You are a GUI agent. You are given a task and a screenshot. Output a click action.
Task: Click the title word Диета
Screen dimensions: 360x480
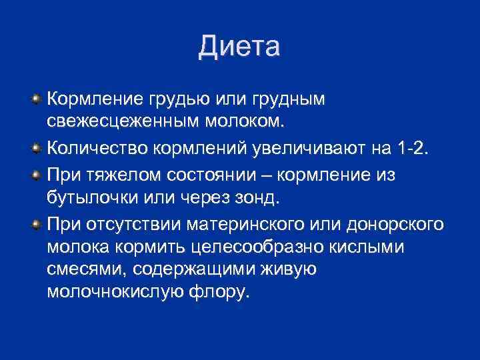click(239, 47)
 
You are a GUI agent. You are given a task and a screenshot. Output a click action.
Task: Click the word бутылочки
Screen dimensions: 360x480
click(91, 198)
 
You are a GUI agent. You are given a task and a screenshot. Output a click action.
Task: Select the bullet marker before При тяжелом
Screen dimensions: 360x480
click(35, 175)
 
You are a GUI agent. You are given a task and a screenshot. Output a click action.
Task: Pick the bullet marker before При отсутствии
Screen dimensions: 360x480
click(35, 223)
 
